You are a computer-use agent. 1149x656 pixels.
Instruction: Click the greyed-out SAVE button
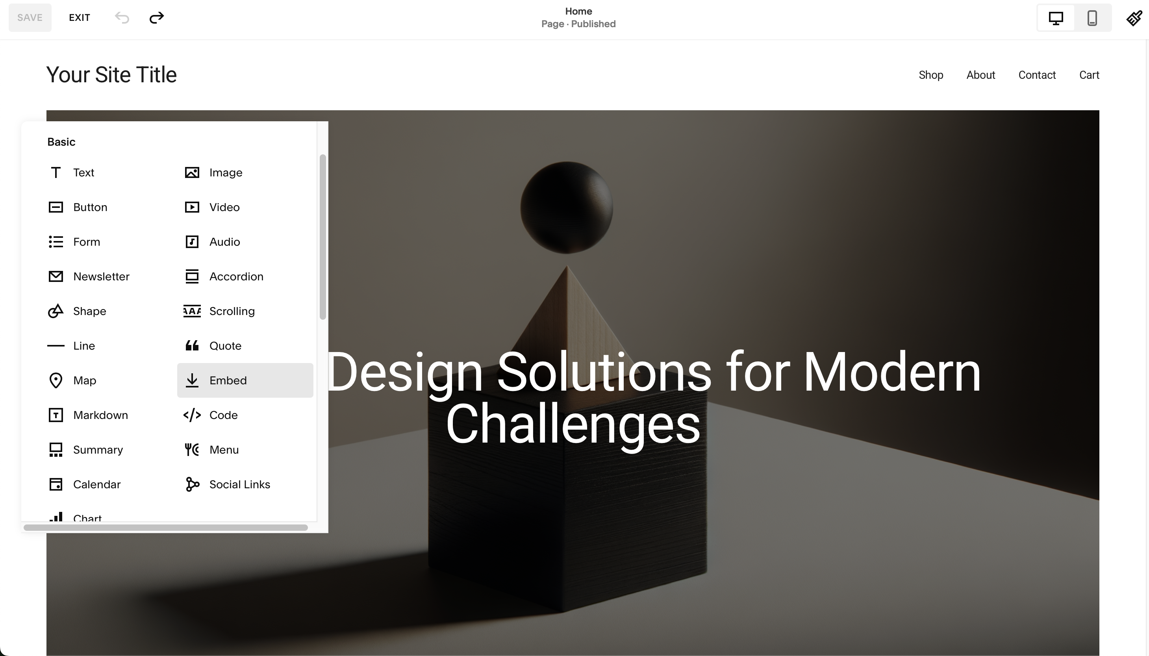click(x=30, y=18)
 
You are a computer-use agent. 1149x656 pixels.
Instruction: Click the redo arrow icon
click(x=156, y=18)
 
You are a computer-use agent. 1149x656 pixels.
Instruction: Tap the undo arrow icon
click(x=122, y=18)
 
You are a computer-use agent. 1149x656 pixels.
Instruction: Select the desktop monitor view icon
click(x=1056, y=18)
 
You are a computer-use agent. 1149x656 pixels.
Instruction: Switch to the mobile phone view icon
click(x=1092, y=18)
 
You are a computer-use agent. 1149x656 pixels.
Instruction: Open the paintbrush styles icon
click(x=1134, y=18)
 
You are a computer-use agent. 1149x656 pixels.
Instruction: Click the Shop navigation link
click(x=930, y=75)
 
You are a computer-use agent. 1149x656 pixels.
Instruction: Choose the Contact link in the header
click(x=1037, y=75)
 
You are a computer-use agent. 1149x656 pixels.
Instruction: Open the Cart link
click(x=1089, y=75)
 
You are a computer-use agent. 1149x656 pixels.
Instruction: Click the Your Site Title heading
click(x=111, y=75)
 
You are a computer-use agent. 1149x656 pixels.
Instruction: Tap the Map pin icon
click(x=56, y=380)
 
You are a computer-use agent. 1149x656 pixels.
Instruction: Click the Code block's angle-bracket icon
click(x=192, y=415)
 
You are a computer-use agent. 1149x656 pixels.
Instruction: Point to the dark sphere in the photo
click(x=566, y=207)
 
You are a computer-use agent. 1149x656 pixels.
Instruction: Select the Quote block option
click(x=225, y=346)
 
